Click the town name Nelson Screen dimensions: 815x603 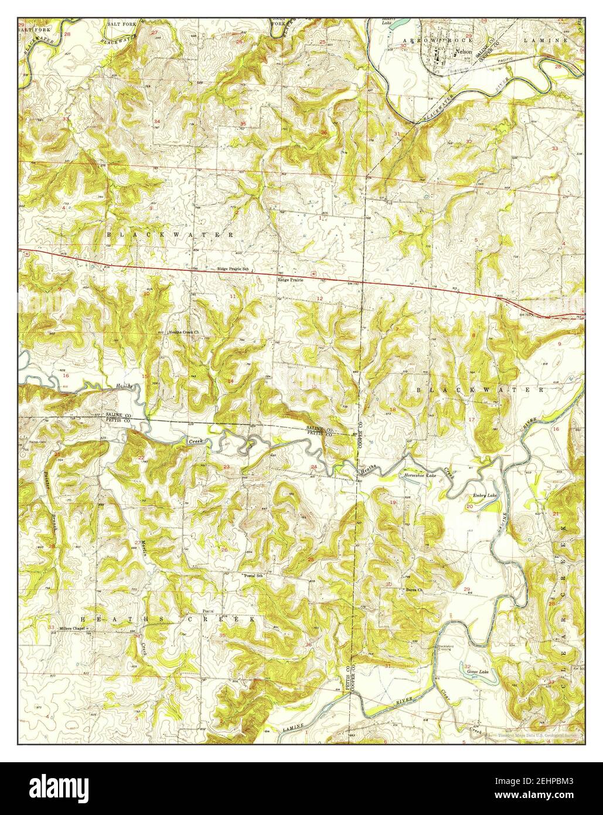click(465, 52)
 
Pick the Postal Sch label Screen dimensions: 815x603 click(255, 576)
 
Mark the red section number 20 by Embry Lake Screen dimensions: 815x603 click(469, 505)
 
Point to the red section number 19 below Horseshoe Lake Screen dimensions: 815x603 click(393, 502)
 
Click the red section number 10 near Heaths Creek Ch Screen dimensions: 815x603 click(146, 294)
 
